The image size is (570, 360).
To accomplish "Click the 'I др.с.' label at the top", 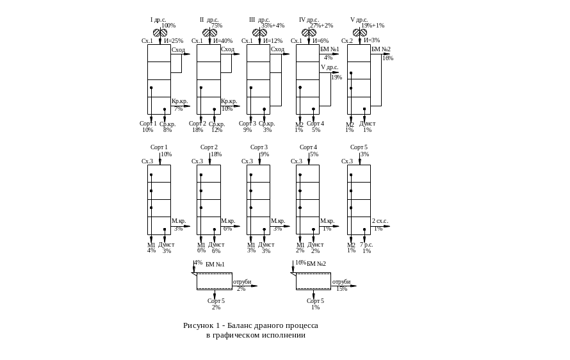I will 158,20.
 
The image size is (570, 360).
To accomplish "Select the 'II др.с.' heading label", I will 207,20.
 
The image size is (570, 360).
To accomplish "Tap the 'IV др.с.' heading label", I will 307,20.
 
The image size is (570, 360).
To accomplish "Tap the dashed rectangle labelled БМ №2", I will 313,281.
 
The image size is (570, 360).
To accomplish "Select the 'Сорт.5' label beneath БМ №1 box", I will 216,300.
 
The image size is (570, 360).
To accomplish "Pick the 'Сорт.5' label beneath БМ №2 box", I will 315,300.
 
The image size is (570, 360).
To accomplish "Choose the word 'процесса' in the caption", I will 303,325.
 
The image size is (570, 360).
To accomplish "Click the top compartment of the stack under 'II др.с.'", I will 209,53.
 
